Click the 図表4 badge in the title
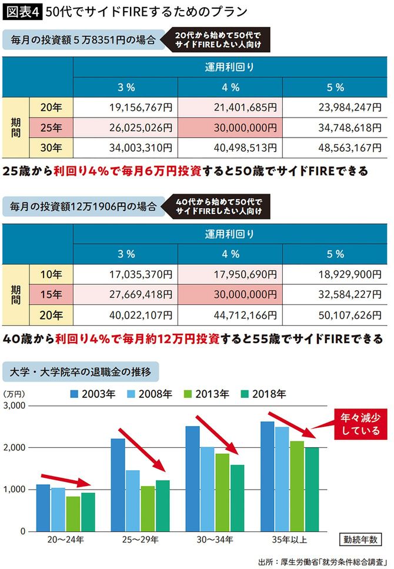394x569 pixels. coord(22,11)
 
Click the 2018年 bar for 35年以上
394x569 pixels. coord(312,489)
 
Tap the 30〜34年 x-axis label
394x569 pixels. coord(212,538)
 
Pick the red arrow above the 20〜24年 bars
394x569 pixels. coord(66,480)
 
